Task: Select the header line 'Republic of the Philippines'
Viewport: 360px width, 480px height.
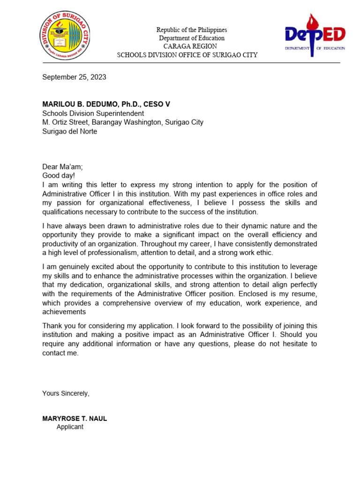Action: (x=191, y=30)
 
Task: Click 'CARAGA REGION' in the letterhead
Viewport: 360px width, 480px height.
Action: (x=190, y=46)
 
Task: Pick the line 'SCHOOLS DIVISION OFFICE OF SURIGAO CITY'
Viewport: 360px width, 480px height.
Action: (x=187, y=55)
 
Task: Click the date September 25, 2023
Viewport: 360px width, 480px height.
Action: (x=74, y=77)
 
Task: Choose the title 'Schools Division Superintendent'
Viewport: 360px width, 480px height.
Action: (x=93, y=113)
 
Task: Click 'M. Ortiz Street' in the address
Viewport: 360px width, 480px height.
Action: (x=65, y=122)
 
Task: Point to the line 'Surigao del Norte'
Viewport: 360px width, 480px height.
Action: (x=70, y=131)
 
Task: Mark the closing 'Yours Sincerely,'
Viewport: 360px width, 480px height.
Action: (x=66, y=393)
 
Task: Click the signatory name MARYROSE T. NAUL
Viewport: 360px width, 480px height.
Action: (x=75, y=419)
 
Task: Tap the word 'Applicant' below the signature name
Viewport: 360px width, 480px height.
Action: (x=70, y=427)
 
